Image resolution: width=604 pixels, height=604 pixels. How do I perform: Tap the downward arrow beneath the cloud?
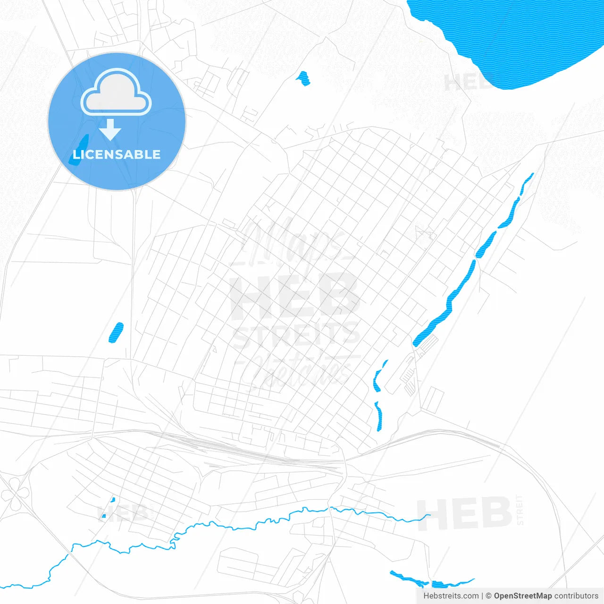click(x=110, y=130)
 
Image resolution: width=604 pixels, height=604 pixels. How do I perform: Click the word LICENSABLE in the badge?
click(x=117, y=154)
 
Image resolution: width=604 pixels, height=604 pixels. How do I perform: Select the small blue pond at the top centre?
click(x=303, y=78)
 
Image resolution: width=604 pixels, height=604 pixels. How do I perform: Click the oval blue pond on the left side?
click(x=116, y=332)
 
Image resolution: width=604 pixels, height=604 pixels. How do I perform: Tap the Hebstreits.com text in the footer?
click(x=451, y=596)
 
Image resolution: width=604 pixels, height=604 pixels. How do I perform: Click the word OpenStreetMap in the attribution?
click(x=522, y=596)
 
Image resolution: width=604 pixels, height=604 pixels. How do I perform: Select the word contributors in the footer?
click(x=576, y=596)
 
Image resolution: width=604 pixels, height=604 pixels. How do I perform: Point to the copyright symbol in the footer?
click(x=489, y=596)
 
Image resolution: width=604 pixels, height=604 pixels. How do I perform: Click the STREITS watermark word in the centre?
click(x=296, y=335)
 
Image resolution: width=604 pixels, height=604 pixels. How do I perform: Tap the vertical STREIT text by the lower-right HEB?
click(x=520, y=510)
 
